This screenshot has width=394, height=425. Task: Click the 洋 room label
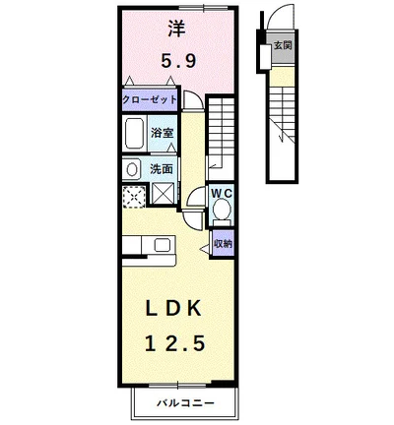(x=177, y=29)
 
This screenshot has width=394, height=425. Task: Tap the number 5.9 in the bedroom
(x=179, y=61)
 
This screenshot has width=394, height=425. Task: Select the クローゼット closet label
(x=150, y=99)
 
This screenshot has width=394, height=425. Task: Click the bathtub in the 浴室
(x=134, y=134)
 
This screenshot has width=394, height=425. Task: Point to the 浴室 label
(x=162, y=133)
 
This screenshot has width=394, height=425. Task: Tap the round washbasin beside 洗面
(x=132, y=170)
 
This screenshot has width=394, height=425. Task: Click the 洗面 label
(x=162, y=169)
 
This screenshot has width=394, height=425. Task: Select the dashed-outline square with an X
(x=134, y=197)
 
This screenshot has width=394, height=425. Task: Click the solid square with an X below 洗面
(x=164, y=194)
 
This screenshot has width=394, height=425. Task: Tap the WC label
(x=222, y=194)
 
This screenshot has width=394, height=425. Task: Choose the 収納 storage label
(x=223, y=244)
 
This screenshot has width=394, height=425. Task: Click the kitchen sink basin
(x=163, y=245)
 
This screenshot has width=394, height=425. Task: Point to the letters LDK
(x=173, y=309)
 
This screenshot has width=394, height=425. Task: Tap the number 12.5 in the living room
(x=175, y=344)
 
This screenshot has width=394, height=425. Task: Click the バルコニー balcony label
(x=185, y=402)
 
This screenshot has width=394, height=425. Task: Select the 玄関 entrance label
(x=283, y=45)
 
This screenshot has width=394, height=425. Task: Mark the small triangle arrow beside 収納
(x=205, y=249)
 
